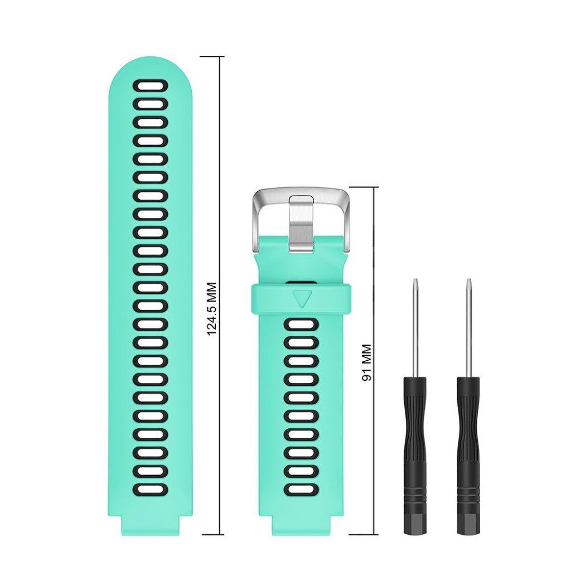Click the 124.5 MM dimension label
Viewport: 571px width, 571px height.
pos(212,308)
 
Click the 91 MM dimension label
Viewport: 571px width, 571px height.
pos(367,363)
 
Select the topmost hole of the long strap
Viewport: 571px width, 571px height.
pos(150,85)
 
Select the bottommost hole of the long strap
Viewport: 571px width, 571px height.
pos(150,490)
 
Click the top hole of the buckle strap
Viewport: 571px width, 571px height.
pos(301,325)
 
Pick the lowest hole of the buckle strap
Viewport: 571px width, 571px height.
pos(301,490)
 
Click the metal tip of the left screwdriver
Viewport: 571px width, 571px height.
pos(415,282)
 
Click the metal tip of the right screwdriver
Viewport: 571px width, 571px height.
pos(468,282)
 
